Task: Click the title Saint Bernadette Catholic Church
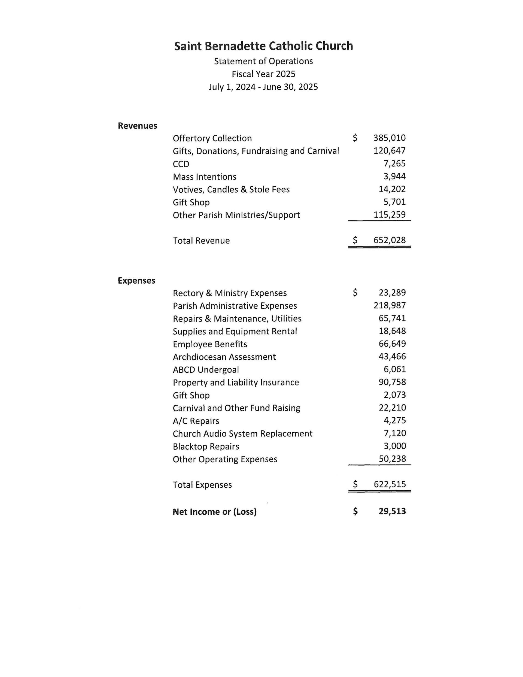(x=263, y=46)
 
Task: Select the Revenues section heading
(x=137, y=126)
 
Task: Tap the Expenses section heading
(x=136, y=281)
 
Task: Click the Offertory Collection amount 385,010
(x=389, y=138)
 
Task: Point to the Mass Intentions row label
(x=205, y=177)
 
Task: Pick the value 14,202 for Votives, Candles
(x=392, y=189)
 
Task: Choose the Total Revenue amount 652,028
(x=389, y=240)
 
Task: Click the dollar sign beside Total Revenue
(x=355, y=240)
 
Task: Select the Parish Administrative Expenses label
(x=235, y=306)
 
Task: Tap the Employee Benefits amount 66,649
(x=392, y=344)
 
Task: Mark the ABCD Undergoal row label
(x=206, y=370)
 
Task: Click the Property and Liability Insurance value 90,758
(x=392, y=382)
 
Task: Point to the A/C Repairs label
(x=196, y=421)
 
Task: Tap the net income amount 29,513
(x=392, y=511)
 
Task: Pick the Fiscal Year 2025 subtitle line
(x=263, y=74)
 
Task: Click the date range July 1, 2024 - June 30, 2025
(x=263, y=87)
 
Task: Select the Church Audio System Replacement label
(x=242, y=434)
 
